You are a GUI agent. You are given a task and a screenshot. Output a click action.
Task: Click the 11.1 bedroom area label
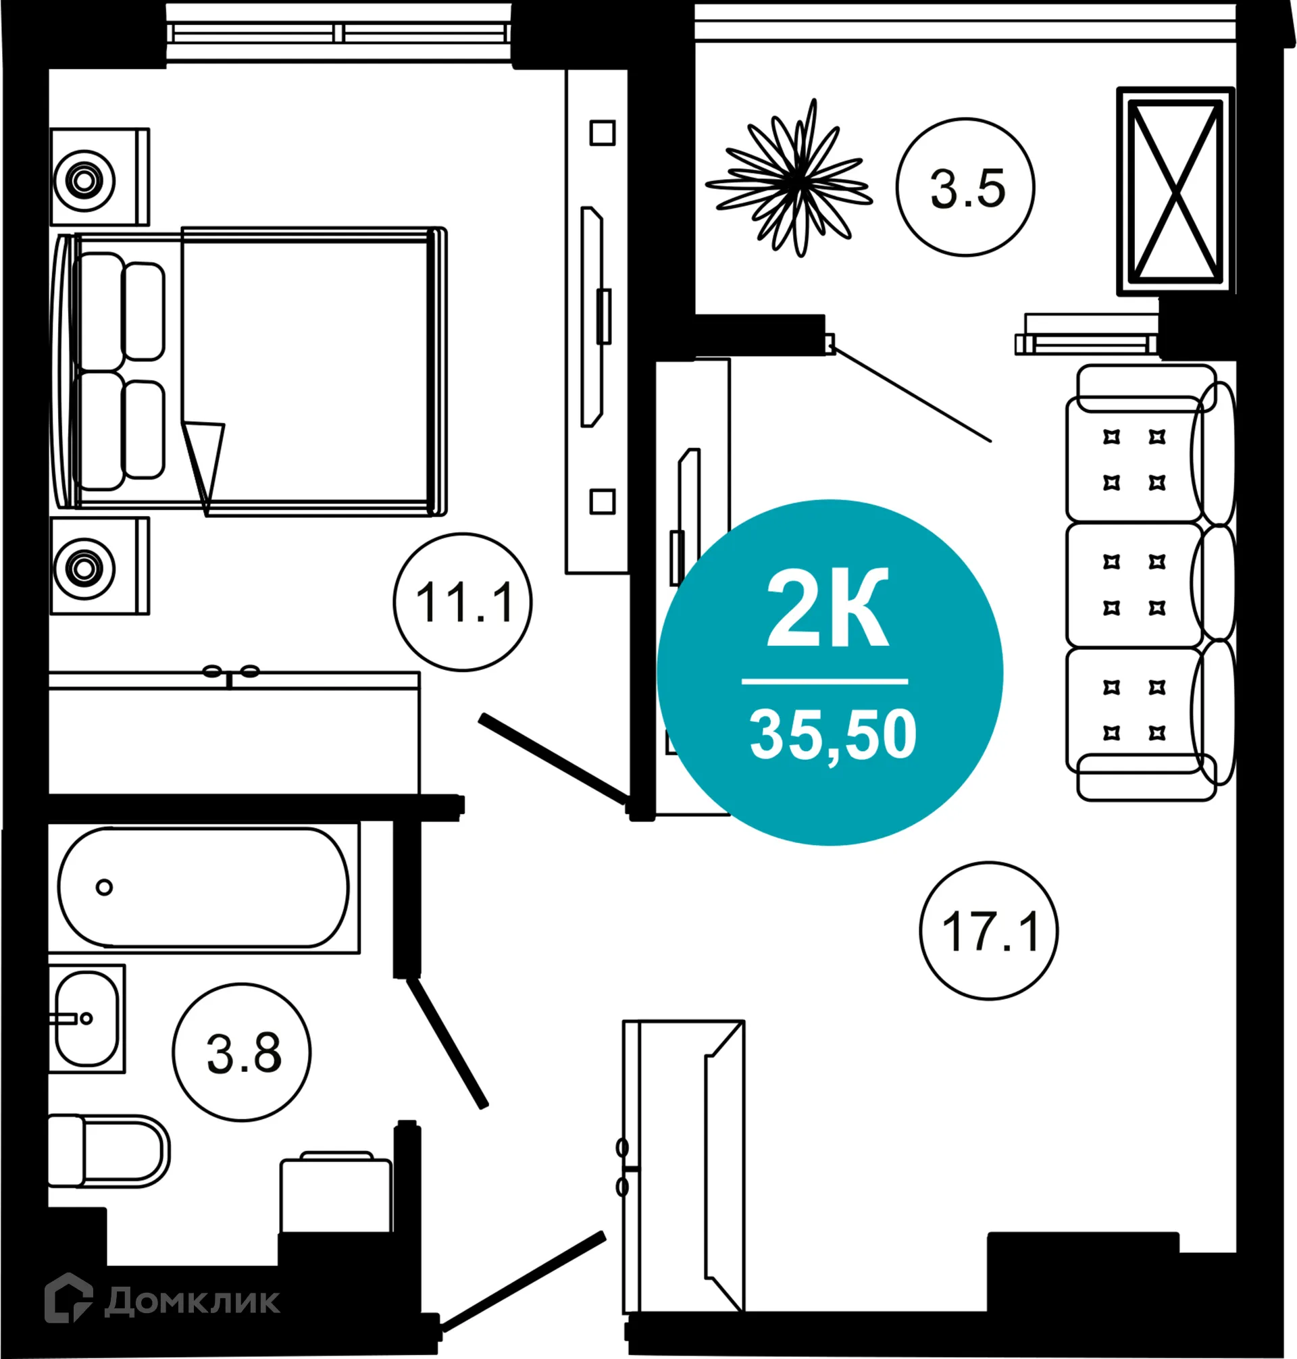click(x=463, y=602)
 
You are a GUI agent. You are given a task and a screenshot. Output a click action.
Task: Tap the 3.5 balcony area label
click(x=966, y=188)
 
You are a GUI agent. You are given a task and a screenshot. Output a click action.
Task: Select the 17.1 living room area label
click(x=989, y=932)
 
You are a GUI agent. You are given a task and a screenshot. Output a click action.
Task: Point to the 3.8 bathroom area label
click(x=243, y=1053)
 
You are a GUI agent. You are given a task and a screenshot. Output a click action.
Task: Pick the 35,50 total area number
click(x=832, y=736)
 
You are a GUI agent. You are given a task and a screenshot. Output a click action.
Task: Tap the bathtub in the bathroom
click(x=204, y=887)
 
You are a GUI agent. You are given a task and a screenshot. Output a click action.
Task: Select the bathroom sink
click(x=86, y=1018)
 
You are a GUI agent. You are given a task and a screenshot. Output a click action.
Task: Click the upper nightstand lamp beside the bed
click(x=84, y=180)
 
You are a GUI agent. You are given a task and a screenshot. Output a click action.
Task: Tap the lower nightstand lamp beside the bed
click(x=84, y=569)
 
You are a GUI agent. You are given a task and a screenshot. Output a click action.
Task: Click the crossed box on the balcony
click(x=1175, y=190)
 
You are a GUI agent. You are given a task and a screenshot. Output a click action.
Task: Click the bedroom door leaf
click(x=553, y=759)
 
